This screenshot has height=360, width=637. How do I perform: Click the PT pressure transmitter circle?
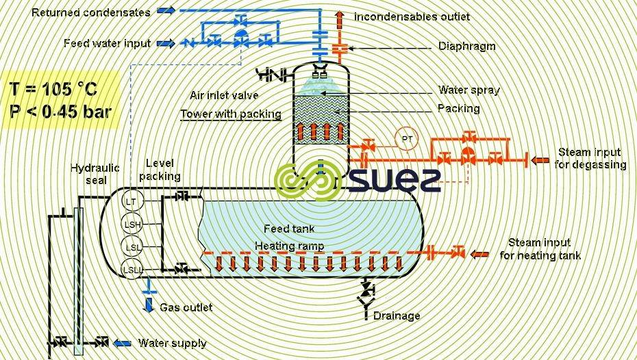tap(408, 139)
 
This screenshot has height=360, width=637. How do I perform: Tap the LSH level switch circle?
tap(131, 224)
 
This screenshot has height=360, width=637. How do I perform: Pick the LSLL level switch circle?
tap(132, 270)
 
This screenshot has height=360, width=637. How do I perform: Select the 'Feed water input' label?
tap(107, 44)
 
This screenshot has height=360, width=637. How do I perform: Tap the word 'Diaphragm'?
tap(466, 47)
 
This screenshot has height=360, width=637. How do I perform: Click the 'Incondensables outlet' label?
tap(412, 16)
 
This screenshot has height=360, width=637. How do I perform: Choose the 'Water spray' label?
tap(469, 90)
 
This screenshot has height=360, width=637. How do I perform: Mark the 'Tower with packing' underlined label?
tap(231, 114)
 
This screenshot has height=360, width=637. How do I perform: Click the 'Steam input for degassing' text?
tap(592, 158)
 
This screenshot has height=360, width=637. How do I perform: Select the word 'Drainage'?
tap(397, 316)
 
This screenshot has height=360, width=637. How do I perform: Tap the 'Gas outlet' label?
tap(186, 307)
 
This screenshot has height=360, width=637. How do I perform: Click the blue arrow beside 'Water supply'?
tap(123, 342)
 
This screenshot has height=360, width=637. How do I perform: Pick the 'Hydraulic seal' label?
tap(95, 174)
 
